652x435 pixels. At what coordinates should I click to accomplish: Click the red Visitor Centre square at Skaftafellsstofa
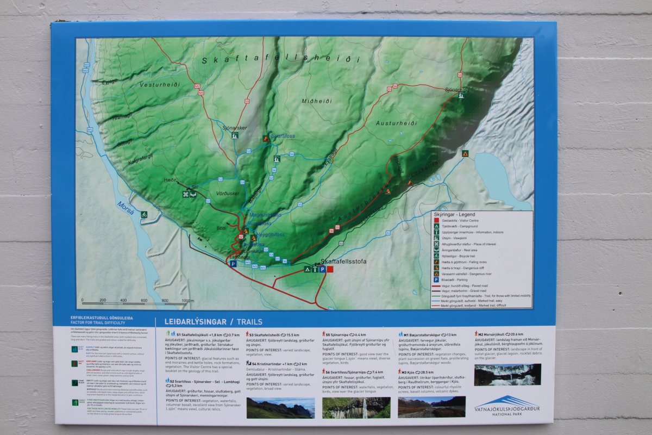click(330, 269)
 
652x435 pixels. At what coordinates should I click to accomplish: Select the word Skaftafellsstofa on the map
click(343, 262)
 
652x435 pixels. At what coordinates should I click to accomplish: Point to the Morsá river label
click(124, 207)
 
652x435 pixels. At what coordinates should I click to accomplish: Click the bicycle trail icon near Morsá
click(144, 214)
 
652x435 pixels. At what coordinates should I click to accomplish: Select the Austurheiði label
click(396, 123)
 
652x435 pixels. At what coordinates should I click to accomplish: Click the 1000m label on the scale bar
click(187, 300)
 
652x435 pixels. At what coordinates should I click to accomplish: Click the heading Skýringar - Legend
click(454, 214)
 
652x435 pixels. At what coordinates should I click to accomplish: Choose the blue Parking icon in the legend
click(436, 279)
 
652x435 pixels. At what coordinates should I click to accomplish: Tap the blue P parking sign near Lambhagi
click(233, 264)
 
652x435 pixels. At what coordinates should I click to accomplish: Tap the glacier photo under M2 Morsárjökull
click(507, 374)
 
